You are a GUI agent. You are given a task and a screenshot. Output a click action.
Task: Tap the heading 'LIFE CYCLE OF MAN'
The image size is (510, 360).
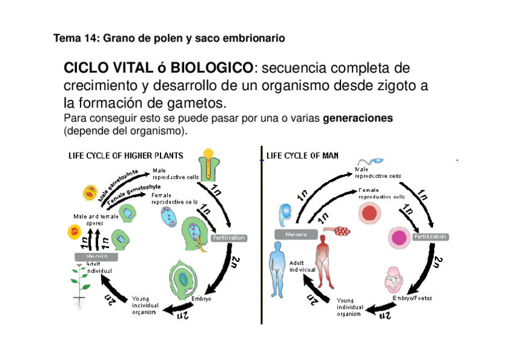302,156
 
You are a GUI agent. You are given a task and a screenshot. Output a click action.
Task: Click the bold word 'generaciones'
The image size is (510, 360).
358,118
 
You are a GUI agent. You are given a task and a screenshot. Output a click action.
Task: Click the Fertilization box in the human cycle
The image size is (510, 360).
430,237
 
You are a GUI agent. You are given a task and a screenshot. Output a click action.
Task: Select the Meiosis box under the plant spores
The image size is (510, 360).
96,256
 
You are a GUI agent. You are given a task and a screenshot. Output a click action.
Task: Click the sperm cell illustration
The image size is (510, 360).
368,163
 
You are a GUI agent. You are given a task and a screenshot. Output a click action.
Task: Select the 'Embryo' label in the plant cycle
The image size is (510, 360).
201,299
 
